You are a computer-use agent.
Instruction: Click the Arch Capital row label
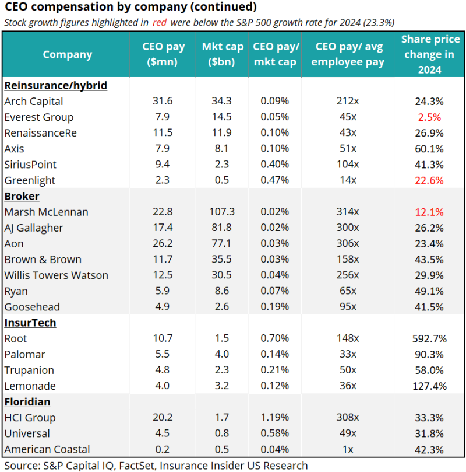pos(34,101)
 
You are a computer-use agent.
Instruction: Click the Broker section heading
pos(22,196)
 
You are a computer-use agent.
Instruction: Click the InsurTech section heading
pos(30,323)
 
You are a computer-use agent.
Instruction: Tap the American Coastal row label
pos(47,449)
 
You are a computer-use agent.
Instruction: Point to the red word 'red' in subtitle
pos(161,22)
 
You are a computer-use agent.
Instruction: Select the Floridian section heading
pos(27,402)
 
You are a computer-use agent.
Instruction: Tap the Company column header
pos(68,54)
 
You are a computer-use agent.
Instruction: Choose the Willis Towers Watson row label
pos(57,275)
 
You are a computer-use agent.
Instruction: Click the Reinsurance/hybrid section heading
pos(55,85)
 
